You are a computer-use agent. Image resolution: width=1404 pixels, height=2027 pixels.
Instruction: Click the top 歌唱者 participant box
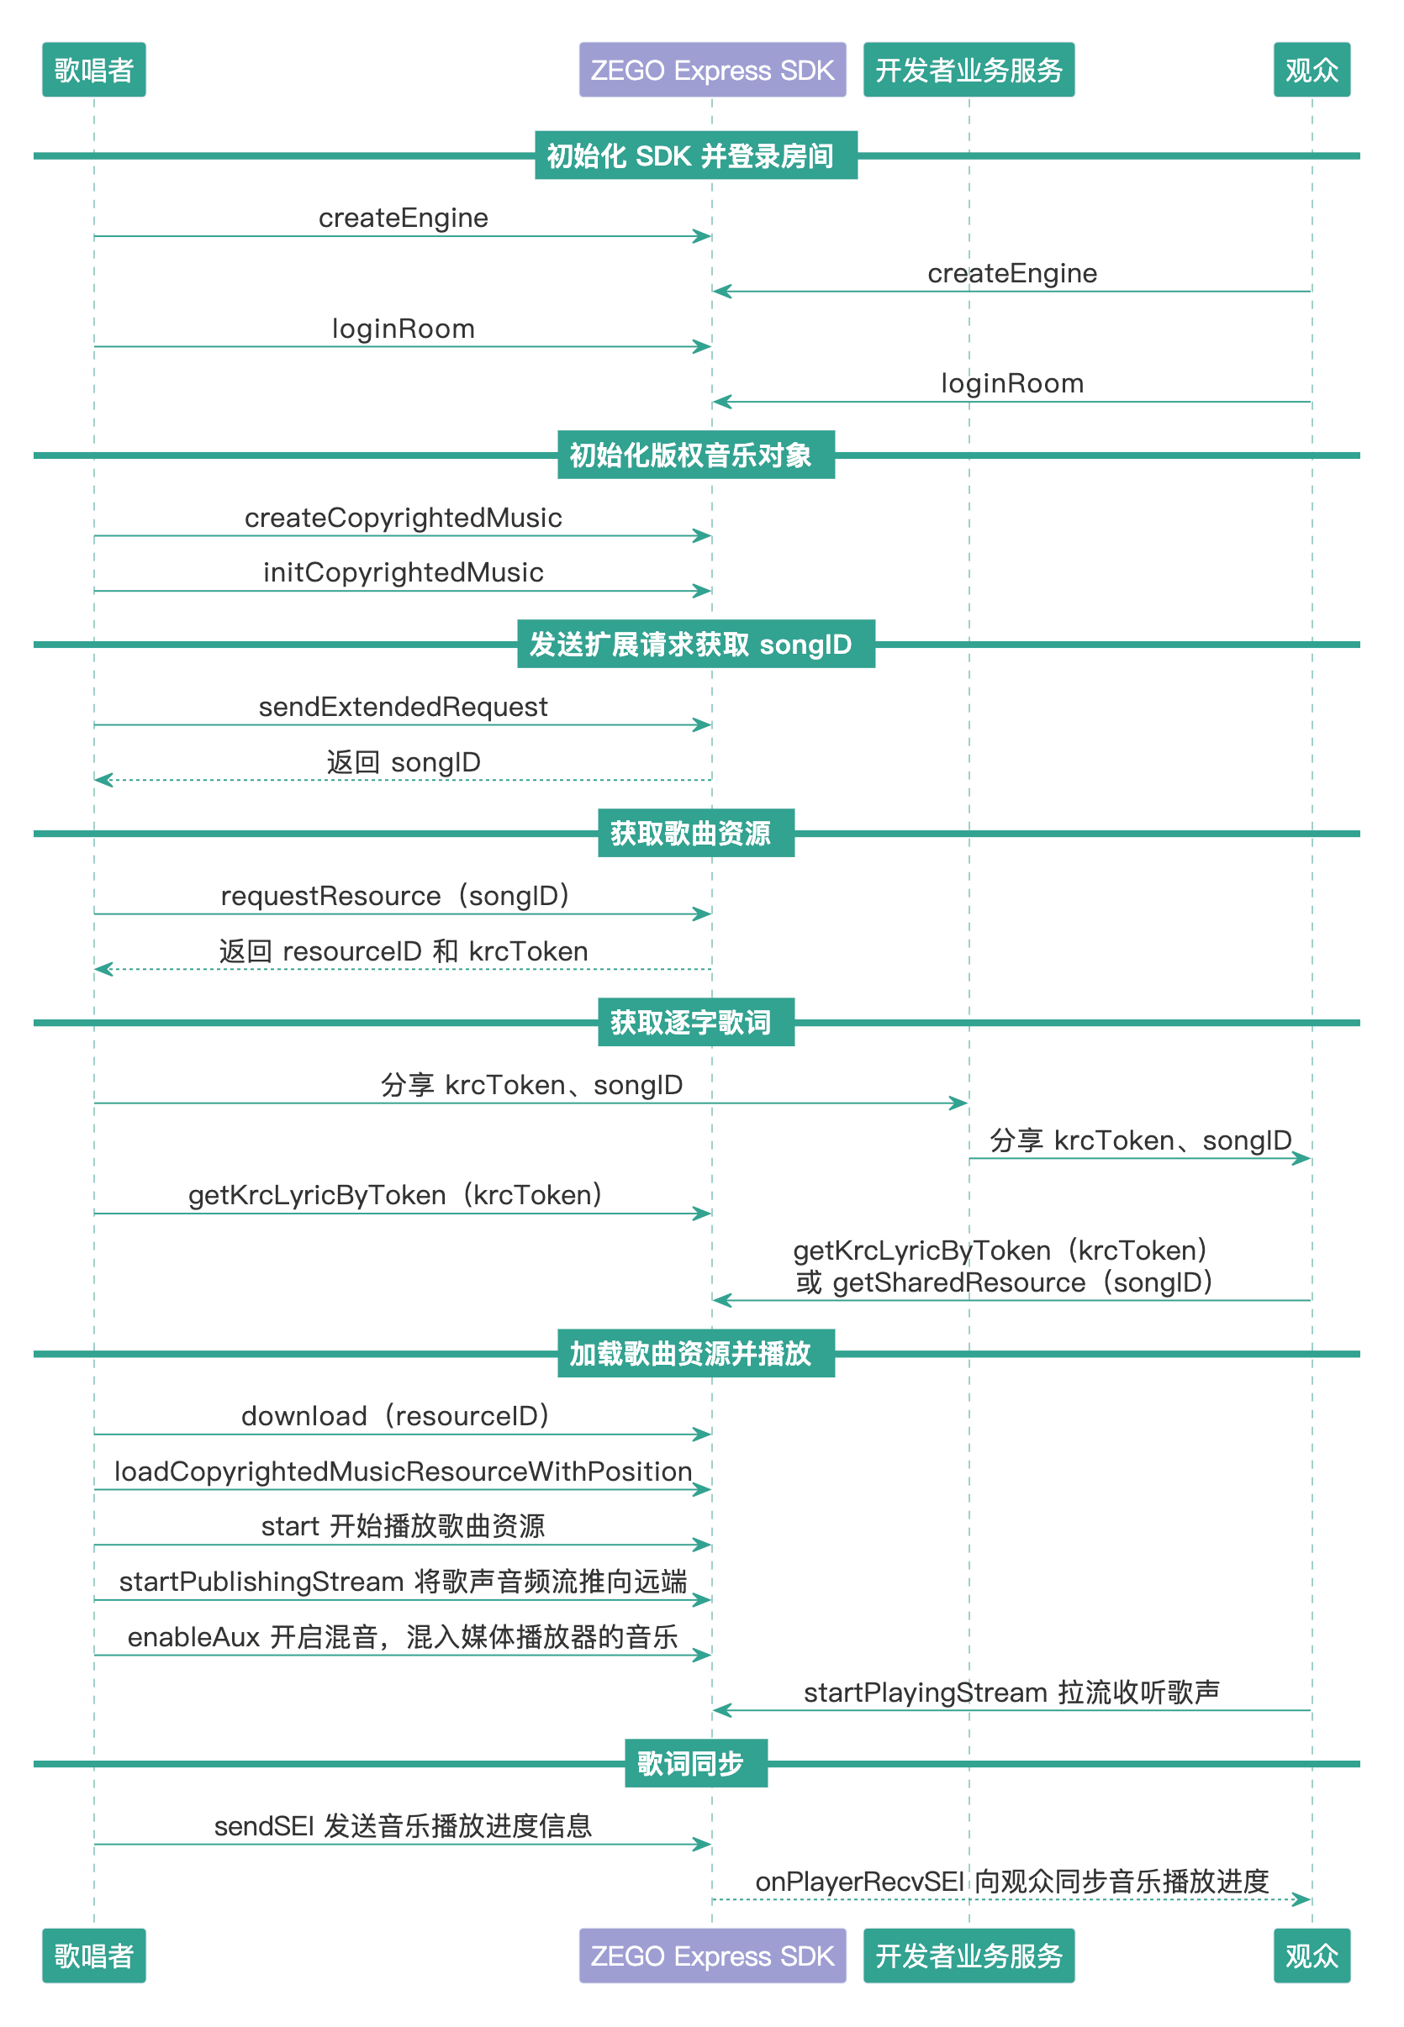(94, 70)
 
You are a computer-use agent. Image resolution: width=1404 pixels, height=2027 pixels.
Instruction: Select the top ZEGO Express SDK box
(713, 70)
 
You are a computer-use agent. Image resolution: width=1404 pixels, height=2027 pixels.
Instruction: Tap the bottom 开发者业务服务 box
(969, 1955)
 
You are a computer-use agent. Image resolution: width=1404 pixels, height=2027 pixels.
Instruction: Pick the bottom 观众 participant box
(1312, 1955)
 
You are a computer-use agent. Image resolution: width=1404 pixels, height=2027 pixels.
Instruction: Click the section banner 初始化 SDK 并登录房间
(696, 155)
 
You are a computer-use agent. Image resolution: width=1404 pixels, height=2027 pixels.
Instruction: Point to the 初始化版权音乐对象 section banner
(696, 455)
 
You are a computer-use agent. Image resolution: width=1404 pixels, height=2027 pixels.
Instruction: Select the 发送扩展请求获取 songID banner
(696, 644)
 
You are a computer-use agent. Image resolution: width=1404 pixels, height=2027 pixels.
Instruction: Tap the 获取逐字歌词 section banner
(696, 1022)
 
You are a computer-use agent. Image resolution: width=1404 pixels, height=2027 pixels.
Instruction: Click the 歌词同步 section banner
(696, 1762)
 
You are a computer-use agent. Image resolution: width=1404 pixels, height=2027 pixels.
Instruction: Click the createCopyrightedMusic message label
(403, 518)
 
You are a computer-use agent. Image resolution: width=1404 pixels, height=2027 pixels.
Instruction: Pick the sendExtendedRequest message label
(403, 707)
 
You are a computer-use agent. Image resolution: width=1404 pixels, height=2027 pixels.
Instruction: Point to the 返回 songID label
(403, 762)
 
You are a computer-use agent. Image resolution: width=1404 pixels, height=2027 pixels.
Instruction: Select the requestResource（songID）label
(395, 896)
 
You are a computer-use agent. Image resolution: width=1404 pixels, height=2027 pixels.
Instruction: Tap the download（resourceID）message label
(395, 1416)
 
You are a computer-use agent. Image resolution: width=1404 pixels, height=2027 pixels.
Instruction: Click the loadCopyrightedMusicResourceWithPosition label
(403, 1472)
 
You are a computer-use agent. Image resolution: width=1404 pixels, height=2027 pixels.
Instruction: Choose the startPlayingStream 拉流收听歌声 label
(1011, 1692)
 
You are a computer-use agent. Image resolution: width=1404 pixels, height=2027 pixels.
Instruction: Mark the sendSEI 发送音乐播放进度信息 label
(403, 1825)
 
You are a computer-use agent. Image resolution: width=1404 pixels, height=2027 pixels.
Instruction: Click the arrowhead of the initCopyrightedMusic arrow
(703, 591)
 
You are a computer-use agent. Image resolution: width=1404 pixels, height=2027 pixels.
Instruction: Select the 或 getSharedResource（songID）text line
(1005, 1282)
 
